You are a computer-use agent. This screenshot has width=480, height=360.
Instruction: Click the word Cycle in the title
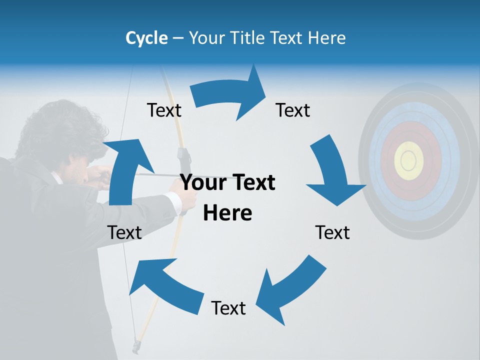point(146,38)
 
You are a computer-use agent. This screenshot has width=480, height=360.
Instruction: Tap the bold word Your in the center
point(203,183)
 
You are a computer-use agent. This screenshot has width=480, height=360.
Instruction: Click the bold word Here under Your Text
point(227,213)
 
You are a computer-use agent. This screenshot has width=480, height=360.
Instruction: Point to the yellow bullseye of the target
point(409,160)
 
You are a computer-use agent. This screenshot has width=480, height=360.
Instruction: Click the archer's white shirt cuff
point(173,202)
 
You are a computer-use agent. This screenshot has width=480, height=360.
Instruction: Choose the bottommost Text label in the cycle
point(228,308)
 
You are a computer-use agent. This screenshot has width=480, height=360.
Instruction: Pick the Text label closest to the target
point(332,232)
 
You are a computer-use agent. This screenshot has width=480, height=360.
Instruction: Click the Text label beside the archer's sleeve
point(124,232)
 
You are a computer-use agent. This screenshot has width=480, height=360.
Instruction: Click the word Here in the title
point(326,38)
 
